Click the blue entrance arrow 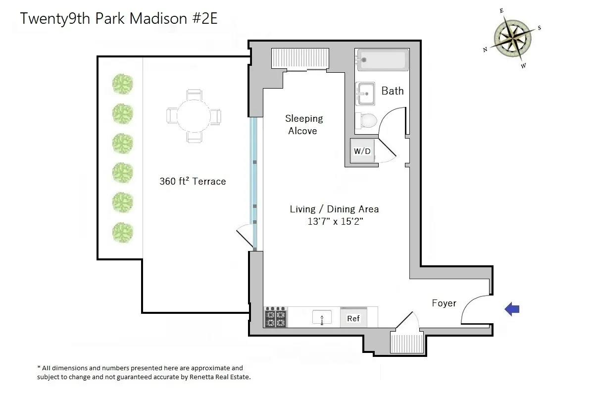(511, 309)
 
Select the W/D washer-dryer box (362, 150)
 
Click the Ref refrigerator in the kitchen (353, 318)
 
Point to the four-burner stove (276, 317)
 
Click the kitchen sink (322, 317)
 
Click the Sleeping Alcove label (303, 125)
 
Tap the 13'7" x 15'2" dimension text (335, 222)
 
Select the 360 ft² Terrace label (193, 181)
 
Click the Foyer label (444, 303)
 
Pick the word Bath (392, 91)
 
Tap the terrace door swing (245, 237)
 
